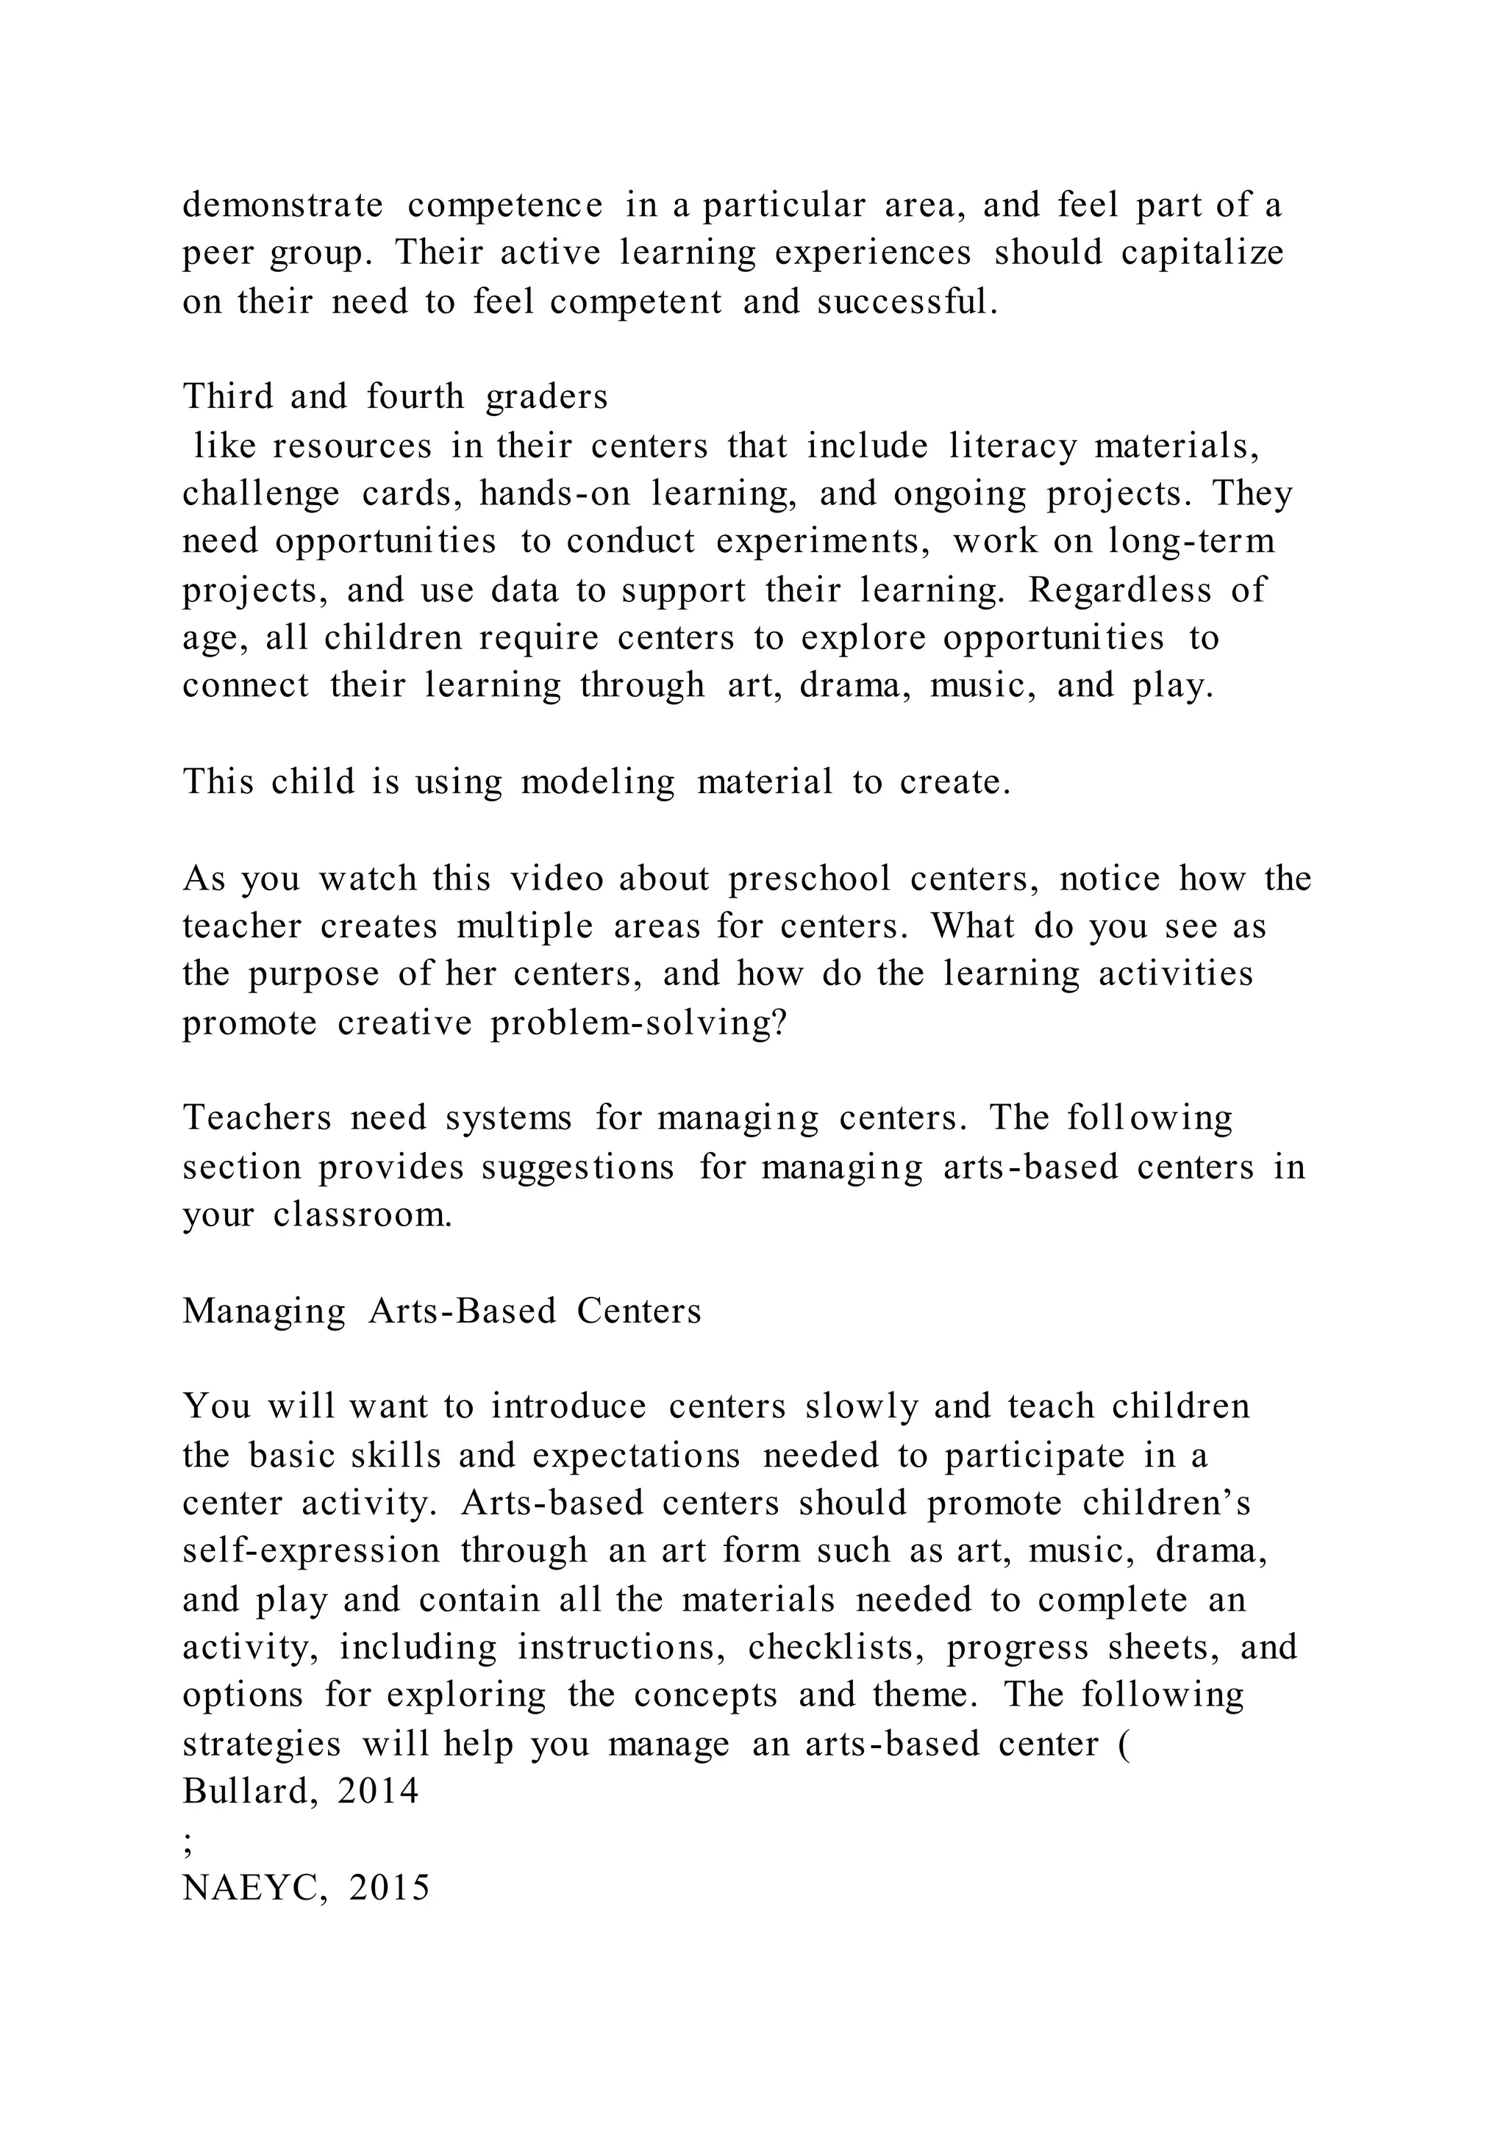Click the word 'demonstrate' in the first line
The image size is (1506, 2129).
tap(283, 205)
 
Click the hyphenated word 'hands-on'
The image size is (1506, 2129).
tap(554, 493)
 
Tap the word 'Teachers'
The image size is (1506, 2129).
tap(257, 1118)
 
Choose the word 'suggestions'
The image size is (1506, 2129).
tap(578, 1167)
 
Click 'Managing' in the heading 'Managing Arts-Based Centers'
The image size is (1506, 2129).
tap(264, 1312)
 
